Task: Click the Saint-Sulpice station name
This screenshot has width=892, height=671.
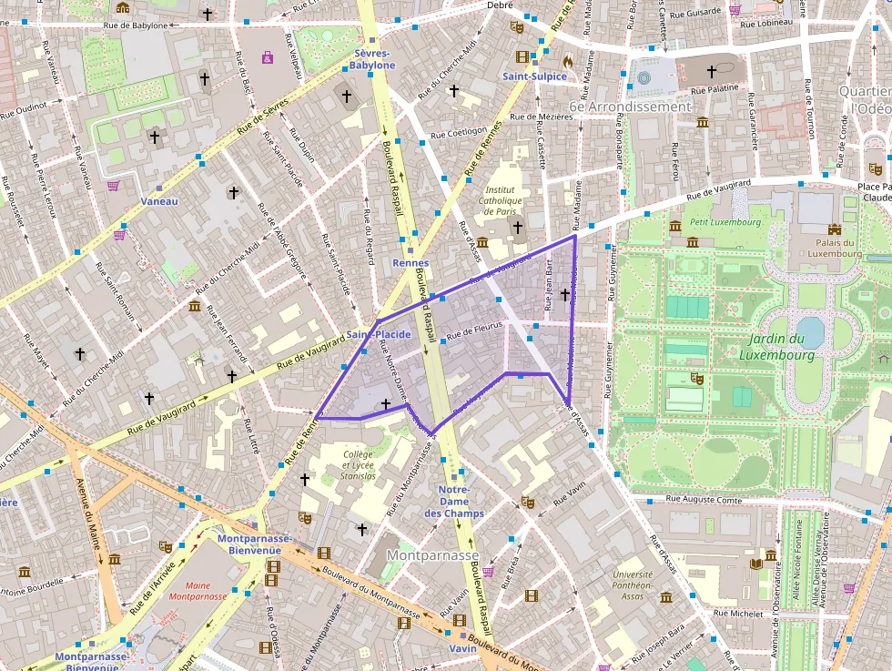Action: point(534,76)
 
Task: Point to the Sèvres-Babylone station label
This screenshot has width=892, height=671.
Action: point(374,59)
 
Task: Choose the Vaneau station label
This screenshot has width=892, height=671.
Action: point(160,201)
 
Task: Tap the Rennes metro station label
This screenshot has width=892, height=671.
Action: point(410,263)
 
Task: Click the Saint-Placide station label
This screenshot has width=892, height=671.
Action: point(379,335)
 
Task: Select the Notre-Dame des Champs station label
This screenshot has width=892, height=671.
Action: point(454,502)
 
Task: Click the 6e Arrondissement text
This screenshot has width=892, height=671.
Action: point(630,107)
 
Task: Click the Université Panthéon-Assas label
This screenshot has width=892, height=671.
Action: point(632,585)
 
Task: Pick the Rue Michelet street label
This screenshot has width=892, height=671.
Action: point(738,614)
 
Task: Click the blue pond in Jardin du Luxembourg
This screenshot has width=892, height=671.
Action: point(809,330)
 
